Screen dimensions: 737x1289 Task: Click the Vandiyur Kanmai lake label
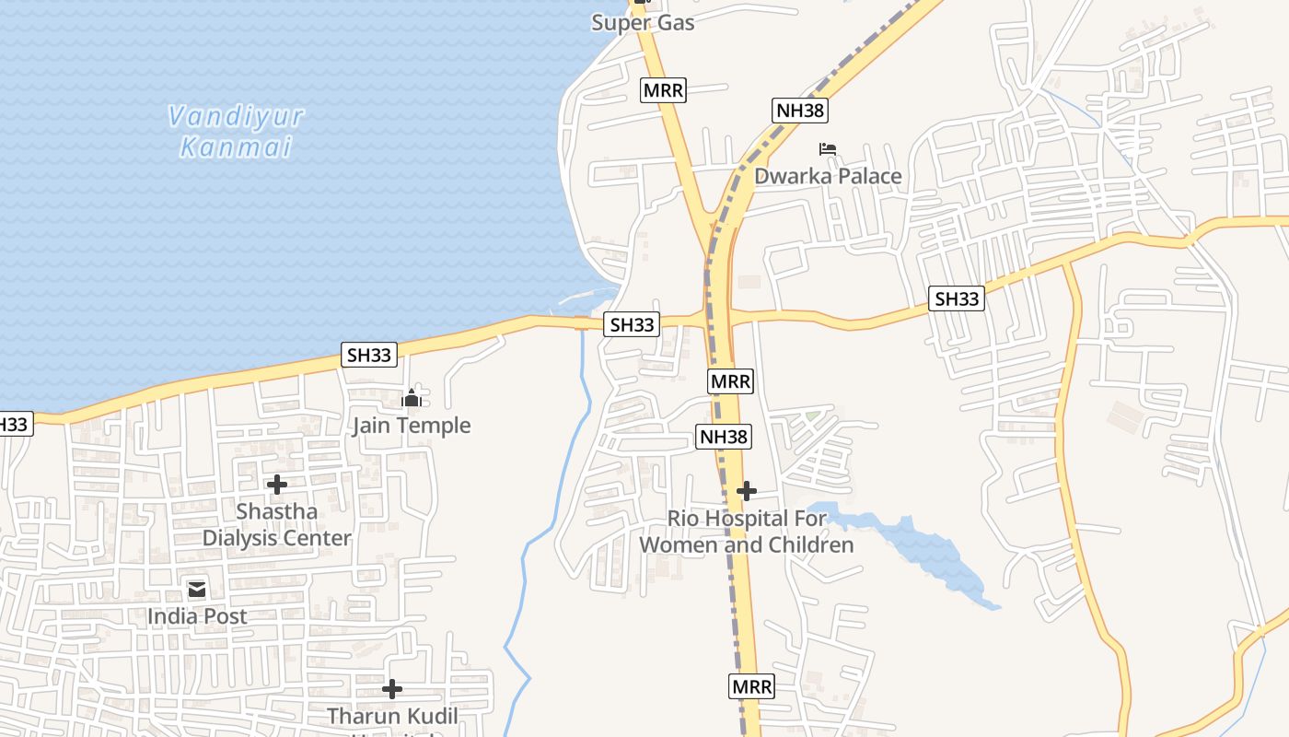236,132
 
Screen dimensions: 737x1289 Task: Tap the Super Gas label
643,22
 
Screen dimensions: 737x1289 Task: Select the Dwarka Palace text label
828,176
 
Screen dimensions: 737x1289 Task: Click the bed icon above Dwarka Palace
828,148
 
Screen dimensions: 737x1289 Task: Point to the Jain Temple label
411,426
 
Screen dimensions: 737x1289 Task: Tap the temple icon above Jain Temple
411,399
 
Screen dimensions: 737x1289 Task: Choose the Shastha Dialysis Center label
276,524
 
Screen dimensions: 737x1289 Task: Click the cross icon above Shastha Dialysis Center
276,485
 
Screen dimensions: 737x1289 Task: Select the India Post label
197,616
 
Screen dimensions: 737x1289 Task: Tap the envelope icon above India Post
197,590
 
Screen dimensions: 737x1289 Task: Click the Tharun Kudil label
392,716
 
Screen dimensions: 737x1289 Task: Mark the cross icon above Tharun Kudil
392,689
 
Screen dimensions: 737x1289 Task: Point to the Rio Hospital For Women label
747,532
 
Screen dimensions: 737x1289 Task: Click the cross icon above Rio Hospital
747,491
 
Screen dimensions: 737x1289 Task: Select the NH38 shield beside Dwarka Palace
800,111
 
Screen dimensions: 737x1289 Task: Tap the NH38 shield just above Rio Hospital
724,437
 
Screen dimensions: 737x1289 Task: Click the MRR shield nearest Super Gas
663,90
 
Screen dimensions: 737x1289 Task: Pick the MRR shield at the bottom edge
752,686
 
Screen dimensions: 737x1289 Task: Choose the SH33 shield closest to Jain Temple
368,355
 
